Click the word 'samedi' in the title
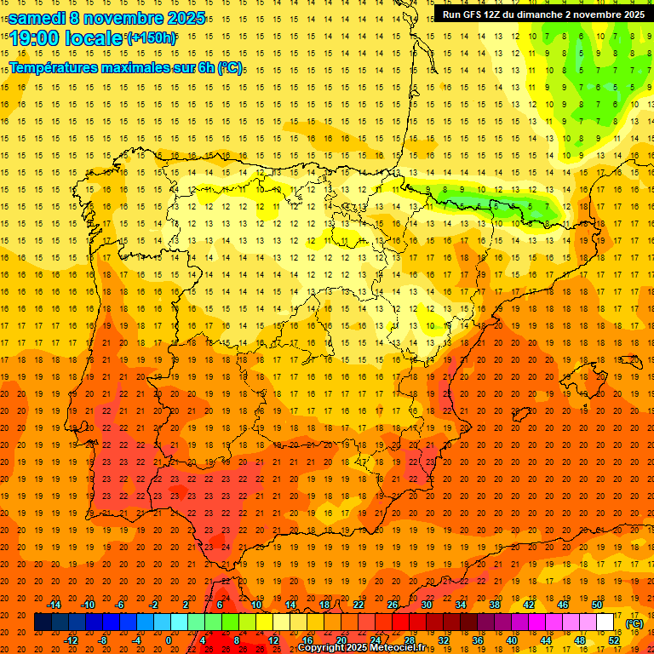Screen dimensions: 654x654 click(x=37, y=17)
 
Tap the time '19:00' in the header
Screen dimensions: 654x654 click(x=37, y=38)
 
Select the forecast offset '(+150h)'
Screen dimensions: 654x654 click(x=152, y=38)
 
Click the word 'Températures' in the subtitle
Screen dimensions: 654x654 click(x=54, y=67)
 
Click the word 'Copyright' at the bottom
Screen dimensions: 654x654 click(x=321, y=648)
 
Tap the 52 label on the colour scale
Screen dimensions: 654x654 click(x=614, y=640)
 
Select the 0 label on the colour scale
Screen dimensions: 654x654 click(x=169, y=640)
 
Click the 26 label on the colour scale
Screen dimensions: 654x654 click(x=393, y=605)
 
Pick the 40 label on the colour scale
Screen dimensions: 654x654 click(x=512, y=640)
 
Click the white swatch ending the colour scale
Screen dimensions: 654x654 click(x=605, y=622)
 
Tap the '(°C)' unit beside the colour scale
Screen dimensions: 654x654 click(x=634, y=623)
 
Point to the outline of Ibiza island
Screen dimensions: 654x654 click(x=522, y=415)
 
